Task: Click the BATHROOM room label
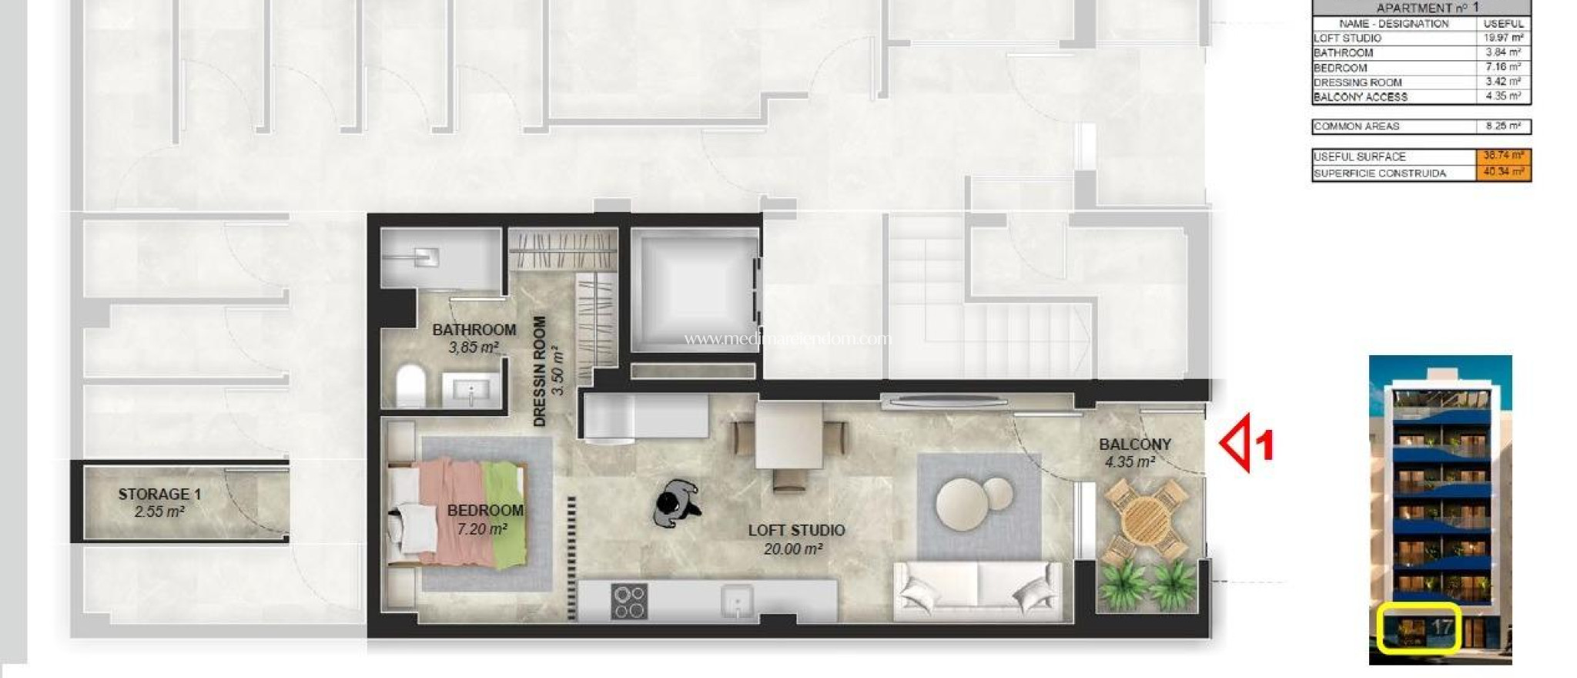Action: coord(474,330)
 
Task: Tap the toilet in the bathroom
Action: coord(411,385)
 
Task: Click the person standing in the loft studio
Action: coord(675,503)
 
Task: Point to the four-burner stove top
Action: coord(628,602)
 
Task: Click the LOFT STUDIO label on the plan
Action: coord(796,530)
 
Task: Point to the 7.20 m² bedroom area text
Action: coord(481,529)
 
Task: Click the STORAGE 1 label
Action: coord(159,494)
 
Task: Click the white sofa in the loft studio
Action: coord(977,589)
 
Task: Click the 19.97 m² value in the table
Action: coord(1502,38)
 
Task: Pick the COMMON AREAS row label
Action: coord(1356,126)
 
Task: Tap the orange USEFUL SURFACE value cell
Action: coord(1502,156)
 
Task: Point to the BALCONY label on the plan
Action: coord(1134,445)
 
